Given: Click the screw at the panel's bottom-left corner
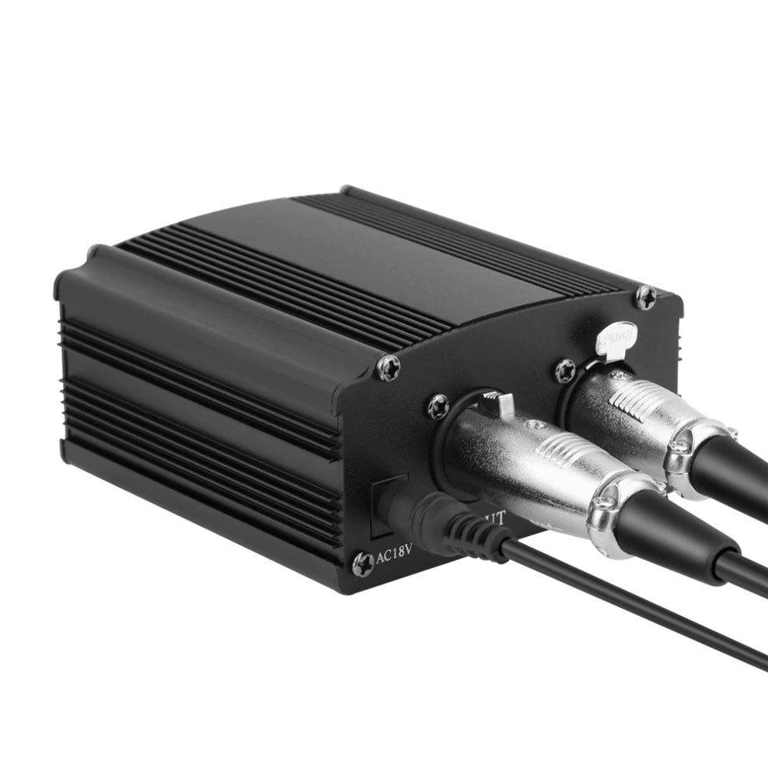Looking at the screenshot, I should [362, 564].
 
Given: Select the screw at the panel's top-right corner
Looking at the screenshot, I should [646, 297].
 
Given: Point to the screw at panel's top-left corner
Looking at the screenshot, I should [389, 369].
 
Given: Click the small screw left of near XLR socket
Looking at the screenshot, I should [439, 406].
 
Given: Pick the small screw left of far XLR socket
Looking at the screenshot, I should [566, 371].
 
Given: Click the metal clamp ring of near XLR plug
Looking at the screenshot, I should [614, 511].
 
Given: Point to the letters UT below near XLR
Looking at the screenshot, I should [494, 518].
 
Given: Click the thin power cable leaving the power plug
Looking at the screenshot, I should [630, 607].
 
